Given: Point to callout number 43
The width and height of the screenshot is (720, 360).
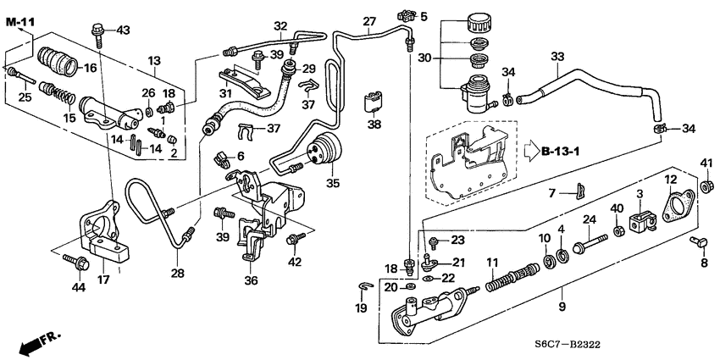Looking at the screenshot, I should (x=124, y=30).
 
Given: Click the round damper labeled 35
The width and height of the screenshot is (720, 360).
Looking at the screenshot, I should (x=324, y=150).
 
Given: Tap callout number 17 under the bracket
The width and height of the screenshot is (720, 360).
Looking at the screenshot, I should (x=105, y=278).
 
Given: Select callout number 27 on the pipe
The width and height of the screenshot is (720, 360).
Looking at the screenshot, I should (x=368, y=21).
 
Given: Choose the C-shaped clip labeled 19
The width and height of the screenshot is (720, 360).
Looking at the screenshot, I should (x=362, y=285).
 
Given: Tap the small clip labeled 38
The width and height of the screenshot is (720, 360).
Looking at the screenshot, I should (x=372, y=102).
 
